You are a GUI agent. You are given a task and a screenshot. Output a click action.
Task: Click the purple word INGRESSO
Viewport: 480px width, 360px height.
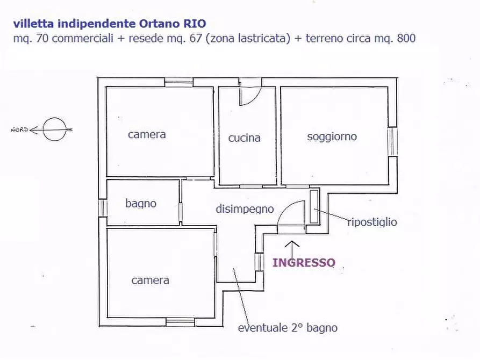(304, 263)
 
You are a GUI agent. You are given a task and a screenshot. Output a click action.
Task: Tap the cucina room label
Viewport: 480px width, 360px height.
(244, 138)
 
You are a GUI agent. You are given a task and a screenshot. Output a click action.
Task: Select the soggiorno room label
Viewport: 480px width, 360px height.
(332, 136)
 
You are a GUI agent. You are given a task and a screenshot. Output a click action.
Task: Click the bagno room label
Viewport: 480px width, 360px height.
(141, 203)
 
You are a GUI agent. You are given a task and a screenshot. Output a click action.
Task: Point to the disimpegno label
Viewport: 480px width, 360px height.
(245, 209)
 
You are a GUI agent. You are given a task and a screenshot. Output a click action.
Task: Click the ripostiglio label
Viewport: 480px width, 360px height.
(372, 221)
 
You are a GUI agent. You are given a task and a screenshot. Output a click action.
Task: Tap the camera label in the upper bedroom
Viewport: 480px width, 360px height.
(147, 134)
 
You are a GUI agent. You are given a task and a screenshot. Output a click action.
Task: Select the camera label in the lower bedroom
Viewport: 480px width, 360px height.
(151, 280)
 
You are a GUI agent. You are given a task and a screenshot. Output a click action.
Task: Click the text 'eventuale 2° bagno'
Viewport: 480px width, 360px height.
(288, 328)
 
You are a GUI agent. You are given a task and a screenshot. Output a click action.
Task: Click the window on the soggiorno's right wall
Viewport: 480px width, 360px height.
(393, 141)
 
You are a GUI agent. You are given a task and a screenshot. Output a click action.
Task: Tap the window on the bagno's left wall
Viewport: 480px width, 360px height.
(102, 207)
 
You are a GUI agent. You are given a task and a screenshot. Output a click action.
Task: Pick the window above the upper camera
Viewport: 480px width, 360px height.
(178, 82)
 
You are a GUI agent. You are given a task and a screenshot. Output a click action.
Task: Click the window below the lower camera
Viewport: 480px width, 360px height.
(180, 322)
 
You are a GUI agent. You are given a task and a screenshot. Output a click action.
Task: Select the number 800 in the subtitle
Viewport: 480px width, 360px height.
(406, 39)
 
